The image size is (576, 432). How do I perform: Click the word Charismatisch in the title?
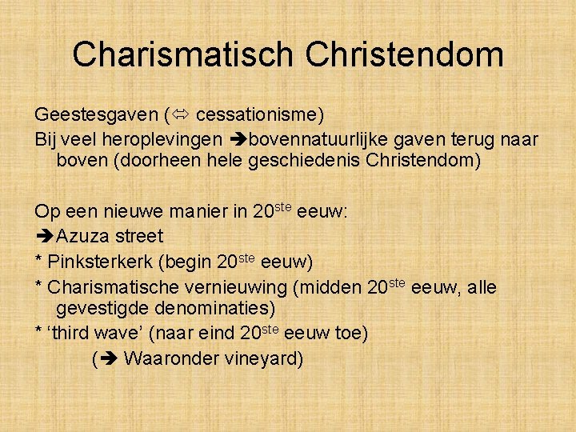point(182,54)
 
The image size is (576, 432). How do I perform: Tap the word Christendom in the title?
point(404,54)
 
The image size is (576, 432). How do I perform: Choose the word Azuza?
point(82,236)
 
